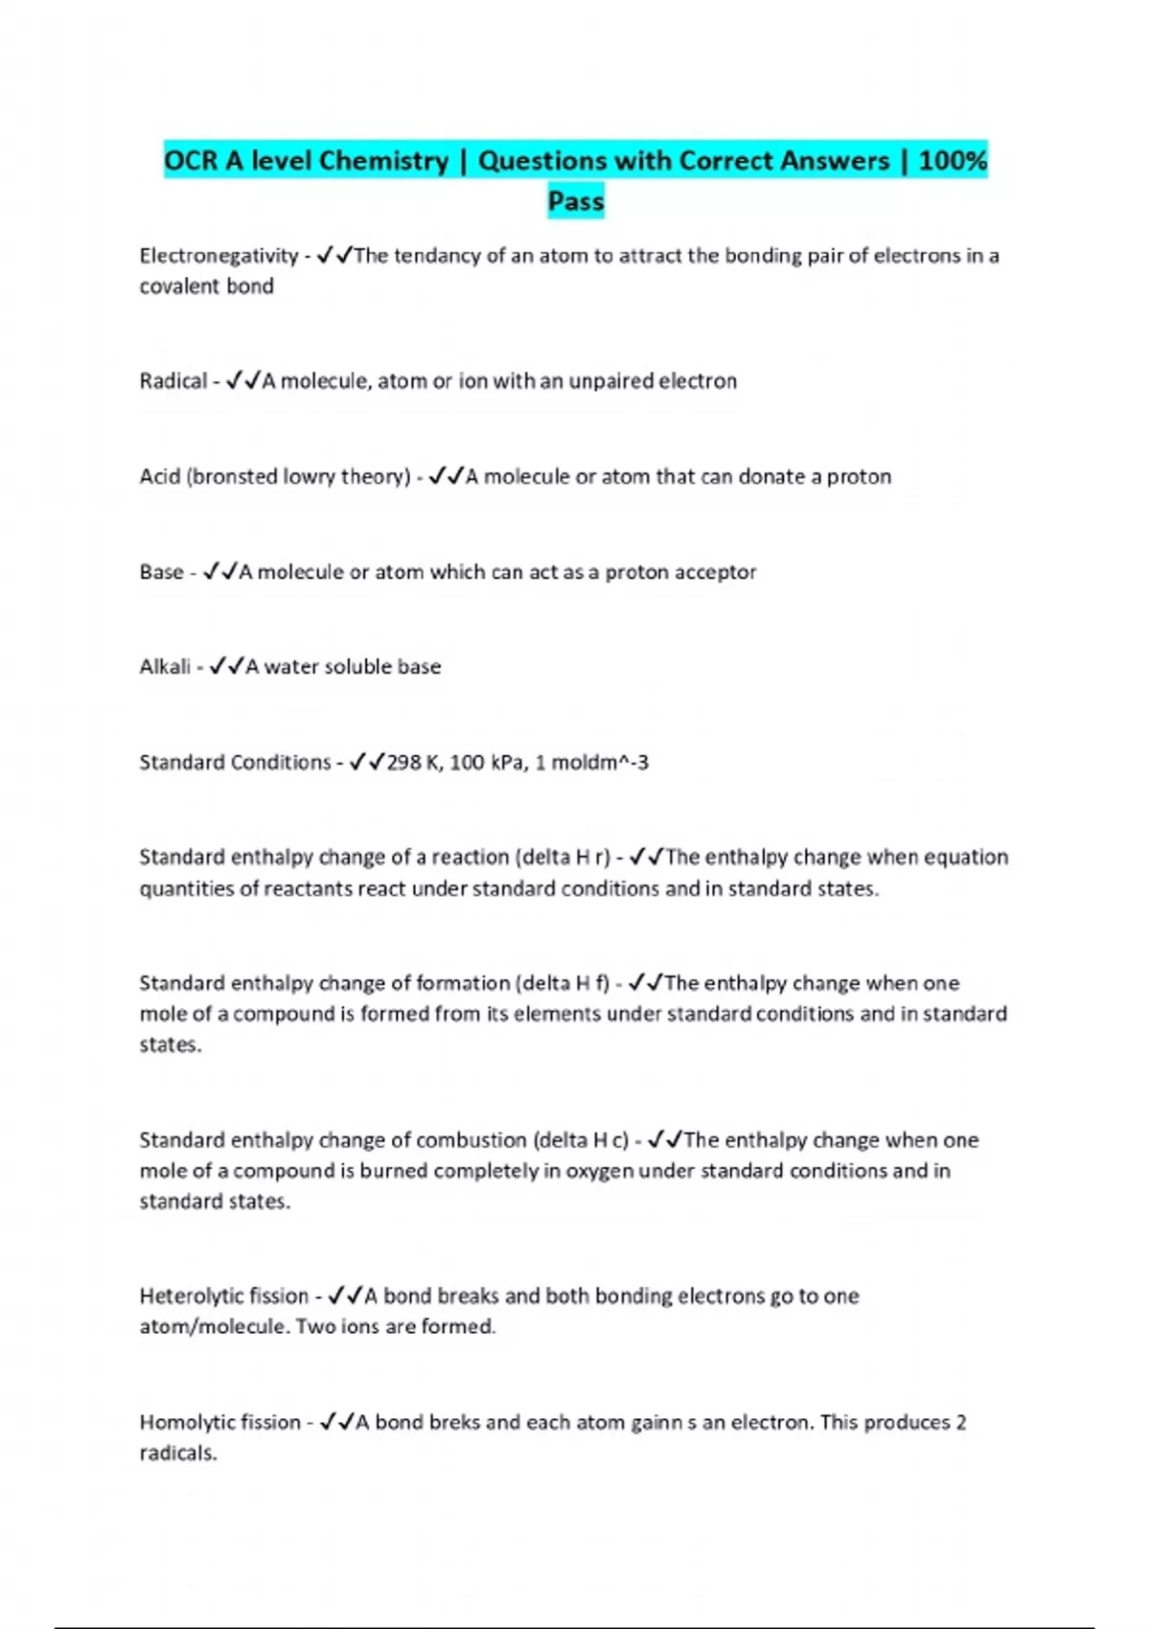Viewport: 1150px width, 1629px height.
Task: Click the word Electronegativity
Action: pyautogui.click(x=218, y=256)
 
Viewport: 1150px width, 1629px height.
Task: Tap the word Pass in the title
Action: pyautogui.click(x=576, y=201)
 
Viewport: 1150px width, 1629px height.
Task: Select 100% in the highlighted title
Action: pyautogui.click(x=953, y=160)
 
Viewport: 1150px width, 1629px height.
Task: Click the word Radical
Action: pyautogui.click(x=172, y=381)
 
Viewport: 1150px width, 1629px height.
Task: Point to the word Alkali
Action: pyautogui.click(x=165, y=667)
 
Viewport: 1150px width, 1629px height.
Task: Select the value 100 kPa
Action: pyautogui.click(x=488, y=763)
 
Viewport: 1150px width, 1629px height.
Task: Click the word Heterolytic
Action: pyautogui.click(x=191, y=1296)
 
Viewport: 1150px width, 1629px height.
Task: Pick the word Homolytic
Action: pyautogui.click(x=187, y=1422)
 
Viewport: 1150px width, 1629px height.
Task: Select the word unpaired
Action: pyautogui.click(x=609, y=381)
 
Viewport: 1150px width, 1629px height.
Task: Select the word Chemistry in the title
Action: pyautogui.click(x=383, y=160)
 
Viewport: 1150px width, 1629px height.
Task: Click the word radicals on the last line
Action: pyautogui.click(x=177, y=1453)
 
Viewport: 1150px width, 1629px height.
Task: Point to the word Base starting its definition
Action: pyautogui.click(x=161, y=572)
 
